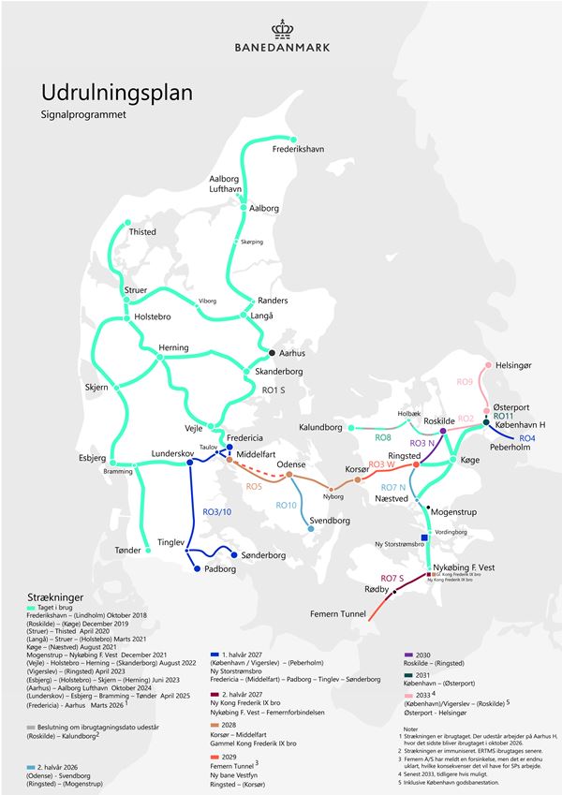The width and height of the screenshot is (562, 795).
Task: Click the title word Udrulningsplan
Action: click(x=117, y=93)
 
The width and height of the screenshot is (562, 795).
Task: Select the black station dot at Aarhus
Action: click(x=273, y=353)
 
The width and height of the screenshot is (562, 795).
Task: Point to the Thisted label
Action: click(x=142, y=232)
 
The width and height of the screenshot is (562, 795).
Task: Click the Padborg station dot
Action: click(x=196, y=569)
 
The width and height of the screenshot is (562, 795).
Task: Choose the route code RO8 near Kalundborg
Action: click(x=382, y=437)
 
